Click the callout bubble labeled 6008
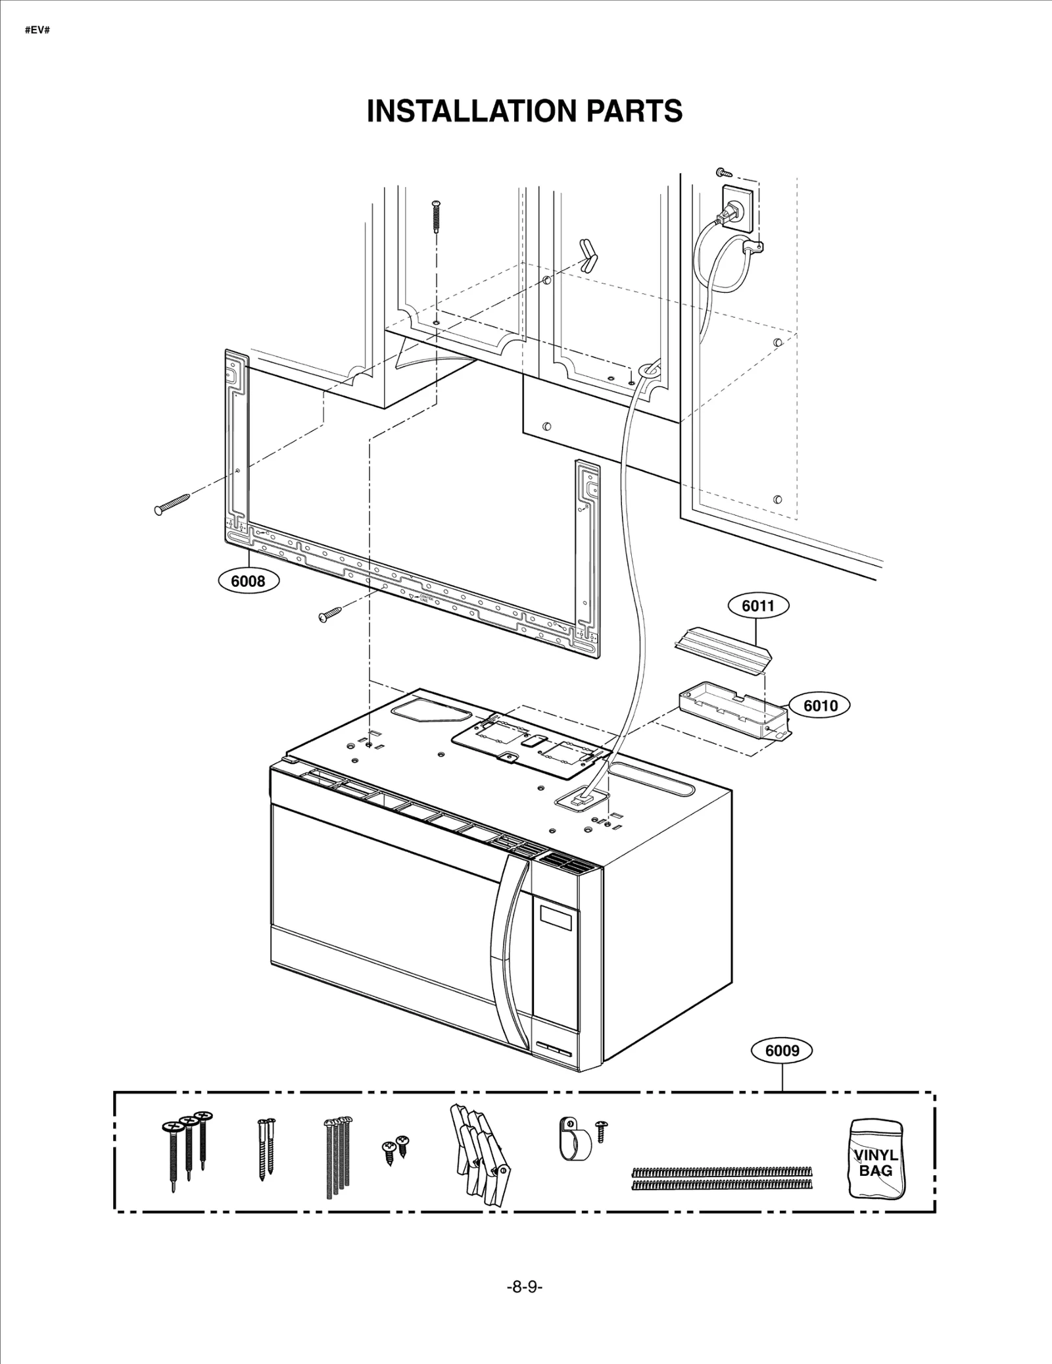(249, 580)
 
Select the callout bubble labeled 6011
(758, 605)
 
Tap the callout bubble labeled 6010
(820, 705)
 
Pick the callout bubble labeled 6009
(782, 1051)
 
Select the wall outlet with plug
(736, 209)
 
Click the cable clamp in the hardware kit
(574, 1138)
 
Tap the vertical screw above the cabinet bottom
(436, 217)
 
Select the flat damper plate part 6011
(721, 647)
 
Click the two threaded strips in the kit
(721, 1178)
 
